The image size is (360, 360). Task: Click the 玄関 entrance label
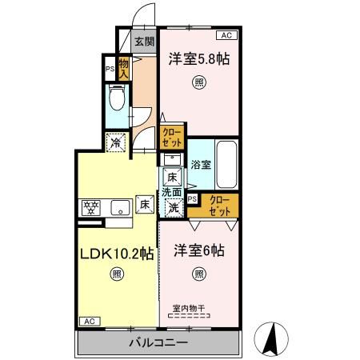point(144,43)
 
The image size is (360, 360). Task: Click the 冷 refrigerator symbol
point(118,142)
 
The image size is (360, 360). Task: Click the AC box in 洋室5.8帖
point(226,36)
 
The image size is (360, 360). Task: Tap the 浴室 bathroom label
point(201,165)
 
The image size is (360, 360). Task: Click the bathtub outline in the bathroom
point(226,164)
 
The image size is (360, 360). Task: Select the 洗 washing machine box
point(172,207)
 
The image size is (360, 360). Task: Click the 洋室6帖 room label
point(198,251)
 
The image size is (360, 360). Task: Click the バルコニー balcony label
point(158,343)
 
